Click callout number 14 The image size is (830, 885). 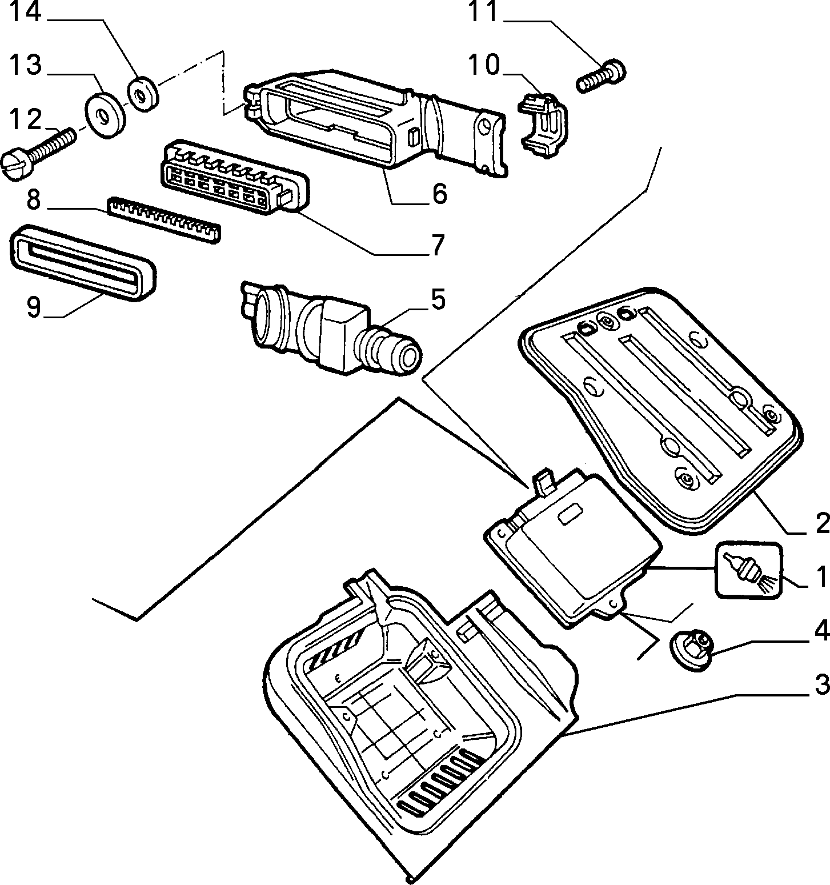coord(26,13)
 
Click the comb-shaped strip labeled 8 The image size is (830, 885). coord(165,220)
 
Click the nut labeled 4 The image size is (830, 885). coord(690,648)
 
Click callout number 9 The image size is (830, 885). coord(34,307)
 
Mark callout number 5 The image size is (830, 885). coord(438,299)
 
